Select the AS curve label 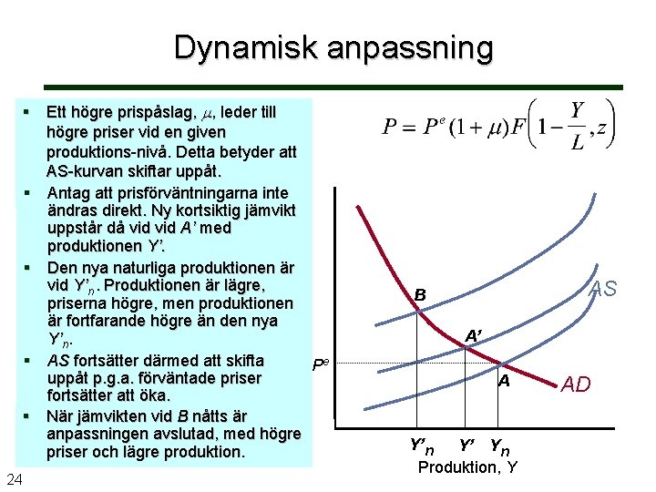click(602, 290)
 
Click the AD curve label click(576, 384)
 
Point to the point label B click(420, 295)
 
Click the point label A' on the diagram click(474, 335)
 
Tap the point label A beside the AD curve click(503, 382)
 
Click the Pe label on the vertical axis click(321, 364)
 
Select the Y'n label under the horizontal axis click(421, 446)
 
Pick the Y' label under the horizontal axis click(467, 446)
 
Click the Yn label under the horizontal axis click(500, 446)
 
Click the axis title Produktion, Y click(467, 467)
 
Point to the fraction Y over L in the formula click(577, 127)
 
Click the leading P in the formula click(390, 128)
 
